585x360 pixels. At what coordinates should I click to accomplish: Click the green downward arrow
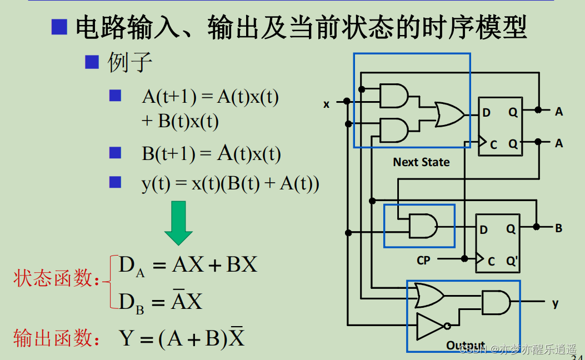[x=178, y=223]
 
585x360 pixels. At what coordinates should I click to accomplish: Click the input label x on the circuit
[x=327, y=104]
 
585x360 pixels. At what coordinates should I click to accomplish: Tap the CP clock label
[x=423, y=260]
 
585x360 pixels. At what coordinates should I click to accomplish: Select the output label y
[x=555, y=303]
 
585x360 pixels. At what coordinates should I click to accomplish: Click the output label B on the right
[x=558, y=228]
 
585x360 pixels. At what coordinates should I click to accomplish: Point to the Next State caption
[x=421, y=162]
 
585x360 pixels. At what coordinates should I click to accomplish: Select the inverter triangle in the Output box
[x=430, y=326]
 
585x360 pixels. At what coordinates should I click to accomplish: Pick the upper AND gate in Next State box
[x=393, y=96]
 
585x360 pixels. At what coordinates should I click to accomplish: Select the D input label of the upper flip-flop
[x=486, y=113]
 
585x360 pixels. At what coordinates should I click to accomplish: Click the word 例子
[x=129, y=62]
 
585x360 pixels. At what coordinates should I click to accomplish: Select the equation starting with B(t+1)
[x=211, y=153]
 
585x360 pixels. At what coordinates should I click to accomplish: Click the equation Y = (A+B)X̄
[x=182, y=338]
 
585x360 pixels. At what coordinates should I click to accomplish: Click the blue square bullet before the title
[x=59, y=27]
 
